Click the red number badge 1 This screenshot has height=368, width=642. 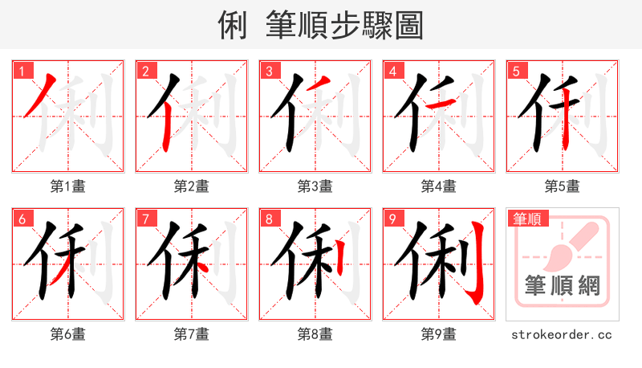(21, 71)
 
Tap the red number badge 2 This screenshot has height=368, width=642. (144, 71)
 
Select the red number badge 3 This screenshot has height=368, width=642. (268, 71)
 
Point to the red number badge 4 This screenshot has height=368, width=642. (392, 71)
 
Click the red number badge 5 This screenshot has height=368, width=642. (515, 71)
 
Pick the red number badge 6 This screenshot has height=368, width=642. (21, 219)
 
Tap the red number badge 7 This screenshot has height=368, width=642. (144, 219)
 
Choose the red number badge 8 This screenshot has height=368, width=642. (268, 219)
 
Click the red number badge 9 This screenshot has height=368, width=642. (392, 219)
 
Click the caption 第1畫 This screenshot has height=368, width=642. (68, 186)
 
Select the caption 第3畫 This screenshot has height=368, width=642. (315, 186)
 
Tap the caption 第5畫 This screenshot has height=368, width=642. (563, 186)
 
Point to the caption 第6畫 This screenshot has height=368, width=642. (68, 334)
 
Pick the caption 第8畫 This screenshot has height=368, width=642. (315, 334)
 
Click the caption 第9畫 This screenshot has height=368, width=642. (439, 334)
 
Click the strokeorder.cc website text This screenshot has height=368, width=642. (562, 334)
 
